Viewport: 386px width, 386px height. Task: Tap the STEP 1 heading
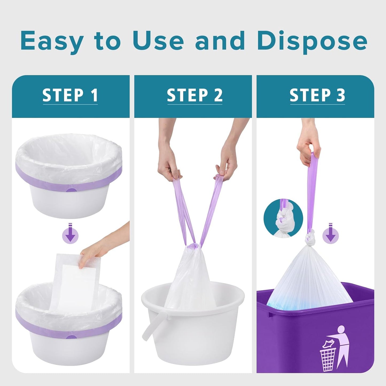[x=70, y=95]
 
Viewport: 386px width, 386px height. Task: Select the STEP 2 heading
[x=194, y=95]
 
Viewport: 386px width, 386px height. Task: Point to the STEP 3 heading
[x=317, y=95]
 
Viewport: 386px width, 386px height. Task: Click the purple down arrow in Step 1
[x=70, y=234]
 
